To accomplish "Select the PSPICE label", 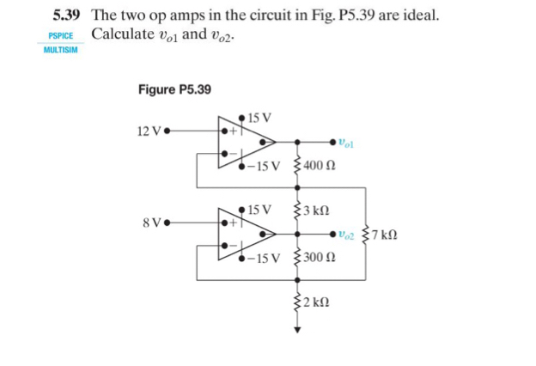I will pos(60,37).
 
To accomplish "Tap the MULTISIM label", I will pos(60,51).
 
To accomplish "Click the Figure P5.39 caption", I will pos(174,89).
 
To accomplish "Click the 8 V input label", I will pos(151,222).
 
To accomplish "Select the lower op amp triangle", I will pos(246,233).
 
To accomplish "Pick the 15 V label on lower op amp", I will pos(259,209).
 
